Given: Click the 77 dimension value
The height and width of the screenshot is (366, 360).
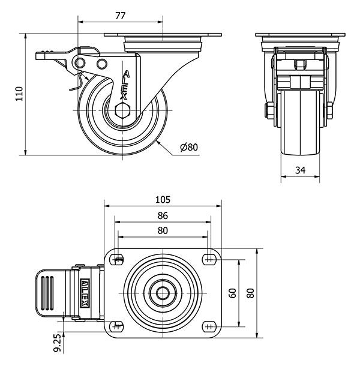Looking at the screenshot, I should [x=120, y=16].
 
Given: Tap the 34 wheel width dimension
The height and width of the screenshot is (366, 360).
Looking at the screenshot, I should [x=301, y=170].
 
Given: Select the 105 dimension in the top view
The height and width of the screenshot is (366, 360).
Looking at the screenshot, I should [x=163, y=199].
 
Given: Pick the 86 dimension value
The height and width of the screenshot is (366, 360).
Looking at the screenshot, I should [x=163, y=215].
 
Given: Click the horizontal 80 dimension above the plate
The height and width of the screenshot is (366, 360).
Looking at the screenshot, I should [x=163, y=230].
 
